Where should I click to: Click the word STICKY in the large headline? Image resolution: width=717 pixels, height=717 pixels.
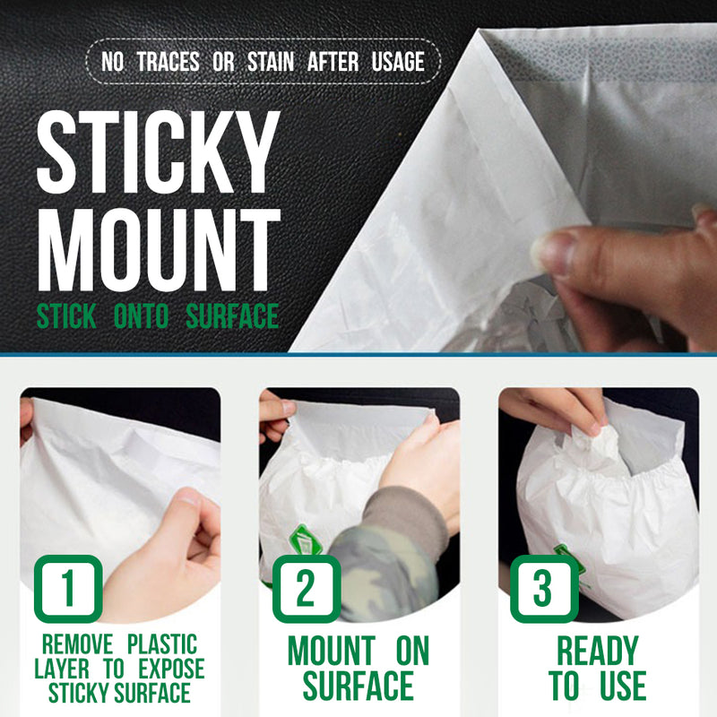tap(159, 151)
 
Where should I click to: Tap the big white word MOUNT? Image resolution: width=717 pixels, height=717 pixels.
tap(160, 250)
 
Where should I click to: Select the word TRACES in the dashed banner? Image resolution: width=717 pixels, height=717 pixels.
tap(168, 62)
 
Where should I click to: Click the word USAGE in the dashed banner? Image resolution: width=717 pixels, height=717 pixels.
tap(398, 62)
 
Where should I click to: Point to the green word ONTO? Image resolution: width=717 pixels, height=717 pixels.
tap(142, 316)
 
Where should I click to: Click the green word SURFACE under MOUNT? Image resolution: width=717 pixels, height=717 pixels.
tap(232, 316)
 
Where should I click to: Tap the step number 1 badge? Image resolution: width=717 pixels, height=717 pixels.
tap(68, 589)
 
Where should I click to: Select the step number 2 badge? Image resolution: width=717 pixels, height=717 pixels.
tap(307, 589)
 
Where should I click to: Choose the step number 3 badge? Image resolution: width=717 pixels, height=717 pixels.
tap(544, 589)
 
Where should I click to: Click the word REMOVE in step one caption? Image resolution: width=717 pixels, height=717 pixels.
tap(77, 644)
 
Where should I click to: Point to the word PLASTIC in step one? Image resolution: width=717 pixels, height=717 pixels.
tap(162, 644)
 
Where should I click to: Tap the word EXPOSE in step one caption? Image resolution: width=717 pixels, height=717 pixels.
tap(171, 669)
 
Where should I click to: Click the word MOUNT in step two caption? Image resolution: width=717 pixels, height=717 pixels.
tap(331, 651)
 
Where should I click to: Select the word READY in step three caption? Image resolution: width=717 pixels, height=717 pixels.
tap(597, 651)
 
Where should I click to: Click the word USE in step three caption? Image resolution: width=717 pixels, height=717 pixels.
tap(622, 685)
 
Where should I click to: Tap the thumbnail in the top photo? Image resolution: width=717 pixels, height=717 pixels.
tap(552, 253)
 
